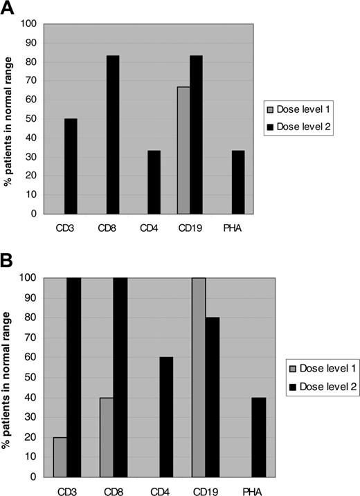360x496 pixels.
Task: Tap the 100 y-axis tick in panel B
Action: [30, 278]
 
